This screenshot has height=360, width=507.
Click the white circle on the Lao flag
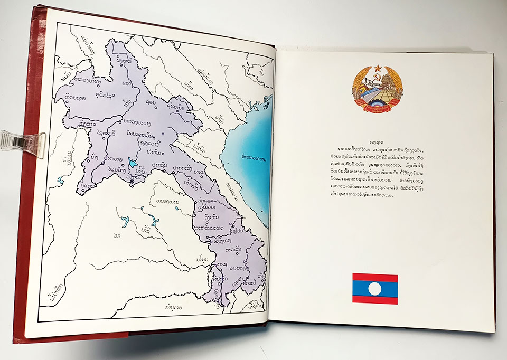tap(374, 288)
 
